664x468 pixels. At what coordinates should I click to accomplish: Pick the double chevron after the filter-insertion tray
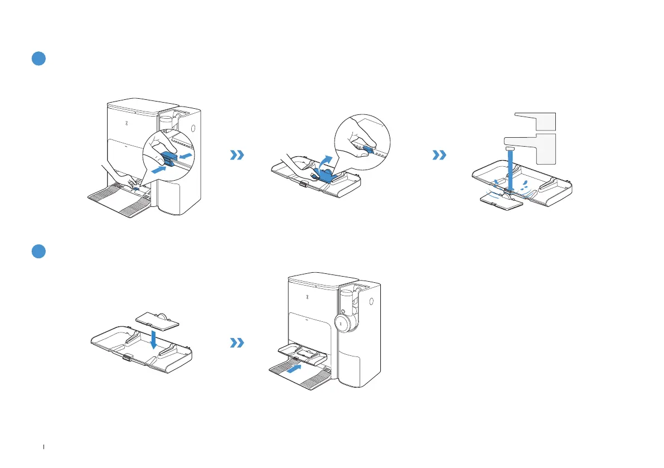[x=237, y=343]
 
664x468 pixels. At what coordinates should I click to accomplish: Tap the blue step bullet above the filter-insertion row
[x=37, y=252]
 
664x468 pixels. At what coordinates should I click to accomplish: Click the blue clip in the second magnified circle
[x=369, y=149]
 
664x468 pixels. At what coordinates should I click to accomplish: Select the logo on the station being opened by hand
[x=127, y=124]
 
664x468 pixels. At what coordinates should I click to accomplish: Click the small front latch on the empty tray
[x=128, y=357]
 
